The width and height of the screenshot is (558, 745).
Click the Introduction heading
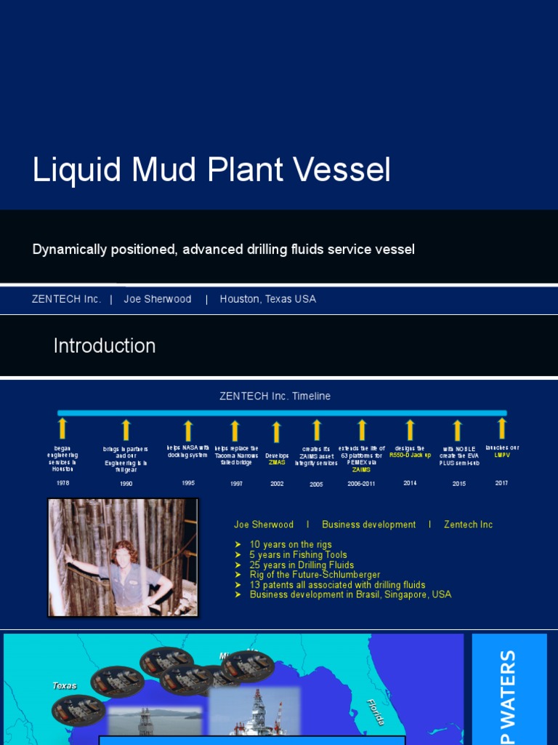point(105,346)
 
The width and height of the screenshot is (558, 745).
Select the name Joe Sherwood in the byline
point(158,299)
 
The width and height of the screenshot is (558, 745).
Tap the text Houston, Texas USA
point(268,299)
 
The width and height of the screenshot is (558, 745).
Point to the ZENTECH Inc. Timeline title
point(275,397)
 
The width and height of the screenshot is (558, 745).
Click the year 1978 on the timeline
point(63,482)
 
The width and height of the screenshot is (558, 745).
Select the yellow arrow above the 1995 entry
point(188,431)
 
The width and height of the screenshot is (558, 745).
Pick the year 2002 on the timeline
point(276,483)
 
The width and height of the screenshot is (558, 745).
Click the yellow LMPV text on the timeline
point(502,455)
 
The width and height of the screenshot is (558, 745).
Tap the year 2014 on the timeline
point(410,482)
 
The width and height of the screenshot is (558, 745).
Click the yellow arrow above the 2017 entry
point(501,428)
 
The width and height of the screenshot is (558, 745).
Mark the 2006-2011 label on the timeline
point(361,483)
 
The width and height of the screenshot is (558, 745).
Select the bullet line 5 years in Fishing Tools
point(298,554)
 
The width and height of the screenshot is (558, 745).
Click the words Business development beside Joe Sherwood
point(368,525)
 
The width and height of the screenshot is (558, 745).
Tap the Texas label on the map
point(65,685)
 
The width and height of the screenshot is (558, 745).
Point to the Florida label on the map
point(376,711)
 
